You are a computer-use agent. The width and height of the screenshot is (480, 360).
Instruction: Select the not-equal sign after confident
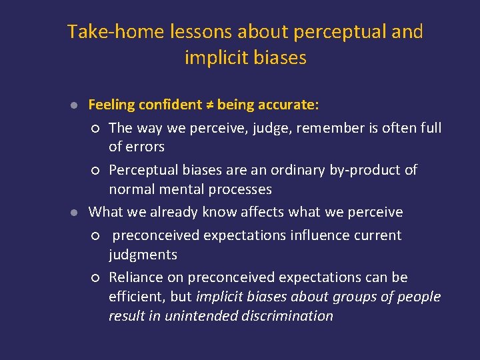click(x=210, y=105)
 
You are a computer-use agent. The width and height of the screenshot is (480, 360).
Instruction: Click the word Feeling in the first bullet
click(x=111, y=105)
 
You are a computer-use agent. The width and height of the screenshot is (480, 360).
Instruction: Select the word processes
click(x=239, y=189)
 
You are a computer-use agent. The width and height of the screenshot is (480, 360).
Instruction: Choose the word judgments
click(x=143, y=255)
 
